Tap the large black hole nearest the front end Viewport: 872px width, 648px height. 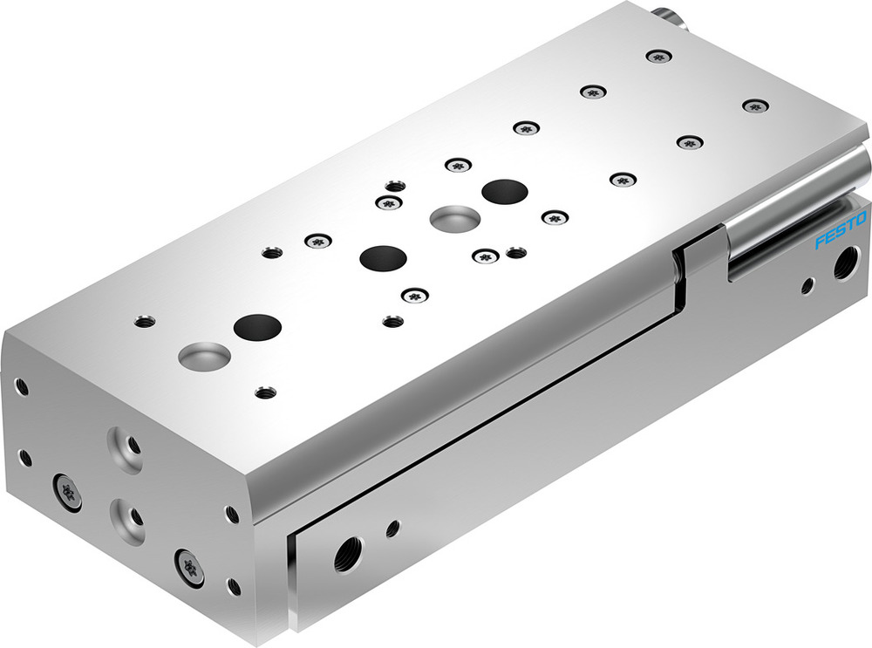click(258, 327)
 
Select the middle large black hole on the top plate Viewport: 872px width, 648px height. click(384, 257)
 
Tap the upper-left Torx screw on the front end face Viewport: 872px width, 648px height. click(69, 490)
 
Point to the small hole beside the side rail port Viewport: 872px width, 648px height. click(393, 528)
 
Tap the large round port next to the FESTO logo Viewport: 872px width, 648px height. click(843, 263)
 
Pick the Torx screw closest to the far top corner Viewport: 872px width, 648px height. click(657, 57)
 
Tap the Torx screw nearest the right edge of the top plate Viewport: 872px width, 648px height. click(753, 106)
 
